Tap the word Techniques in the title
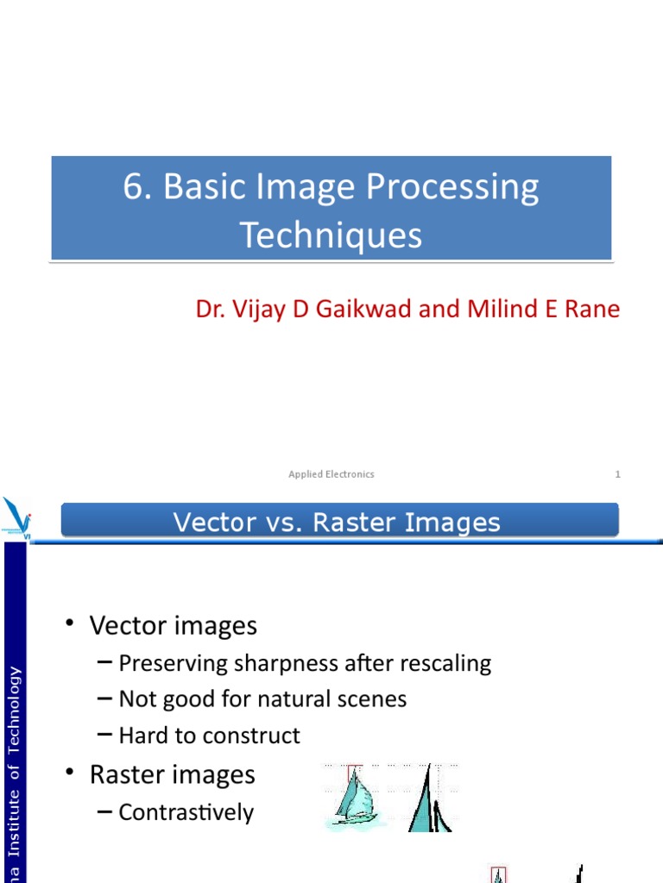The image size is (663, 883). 331,235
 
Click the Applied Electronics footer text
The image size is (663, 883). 331,474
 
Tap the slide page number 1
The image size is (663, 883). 617,474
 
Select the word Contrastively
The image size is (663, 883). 186,812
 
